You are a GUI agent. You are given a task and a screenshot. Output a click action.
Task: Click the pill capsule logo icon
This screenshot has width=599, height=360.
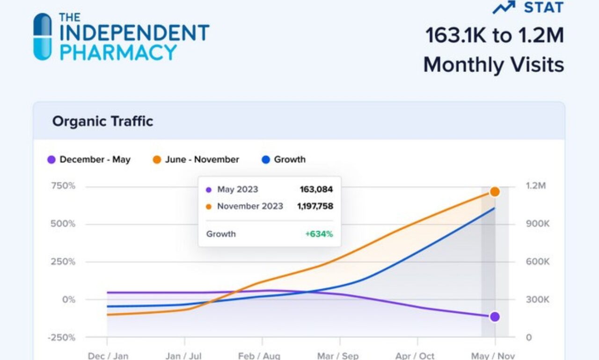(x=43, y=37)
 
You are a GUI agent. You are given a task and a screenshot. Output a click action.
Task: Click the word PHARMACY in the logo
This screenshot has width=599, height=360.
(x=118, y=52)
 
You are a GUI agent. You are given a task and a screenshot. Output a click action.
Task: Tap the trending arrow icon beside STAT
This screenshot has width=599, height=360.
(x=504, y=7)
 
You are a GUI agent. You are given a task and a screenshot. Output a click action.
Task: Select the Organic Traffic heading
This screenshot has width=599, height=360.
(x=102, y=121)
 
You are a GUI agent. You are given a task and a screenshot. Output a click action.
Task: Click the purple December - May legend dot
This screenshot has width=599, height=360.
(x=51, y=160)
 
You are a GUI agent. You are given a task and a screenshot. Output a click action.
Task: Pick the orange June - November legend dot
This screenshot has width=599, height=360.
(x=157, y=160)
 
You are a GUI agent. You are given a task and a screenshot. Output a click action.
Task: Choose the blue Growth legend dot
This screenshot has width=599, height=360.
(x=266, y=160)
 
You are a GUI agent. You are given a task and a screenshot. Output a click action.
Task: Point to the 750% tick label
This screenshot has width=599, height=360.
(x=63, y=186)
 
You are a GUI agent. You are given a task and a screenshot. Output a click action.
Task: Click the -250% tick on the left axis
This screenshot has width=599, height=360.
(x=63, y=338)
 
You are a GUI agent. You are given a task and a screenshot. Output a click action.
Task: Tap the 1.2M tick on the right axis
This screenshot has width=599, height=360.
(x=536, y=186)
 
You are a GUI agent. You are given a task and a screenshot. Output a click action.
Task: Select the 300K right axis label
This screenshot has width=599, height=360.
(x=538, y=300)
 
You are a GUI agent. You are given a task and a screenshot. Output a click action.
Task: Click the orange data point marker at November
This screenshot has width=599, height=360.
(x=495, y=191)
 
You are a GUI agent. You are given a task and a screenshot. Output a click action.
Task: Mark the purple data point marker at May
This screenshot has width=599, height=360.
(x=495, y=317)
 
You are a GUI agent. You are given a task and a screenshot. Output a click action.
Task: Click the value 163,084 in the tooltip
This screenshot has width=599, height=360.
(x=316, y=190)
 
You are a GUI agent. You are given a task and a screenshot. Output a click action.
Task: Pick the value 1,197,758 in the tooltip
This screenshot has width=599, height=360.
(x=315, y=206)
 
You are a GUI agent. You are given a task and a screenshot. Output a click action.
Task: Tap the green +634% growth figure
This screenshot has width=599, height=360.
(x=319, y=234)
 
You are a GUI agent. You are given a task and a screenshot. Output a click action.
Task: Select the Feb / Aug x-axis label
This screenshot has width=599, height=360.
(x=259, y=356)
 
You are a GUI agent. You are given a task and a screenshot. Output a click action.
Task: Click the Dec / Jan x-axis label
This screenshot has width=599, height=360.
(x=108, y=356)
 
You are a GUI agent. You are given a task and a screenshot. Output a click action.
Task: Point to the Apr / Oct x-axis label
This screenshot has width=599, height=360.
(x=415, y=356)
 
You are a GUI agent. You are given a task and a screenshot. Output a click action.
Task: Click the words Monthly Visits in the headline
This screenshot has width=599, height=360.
(x=493, y=65)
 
